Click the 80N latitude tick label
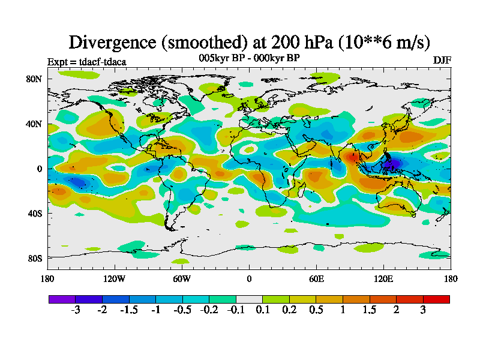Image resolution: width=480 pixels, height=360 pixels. coord(34,79)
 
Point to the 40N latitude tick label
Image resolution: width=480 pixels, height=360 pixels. coord(34,124)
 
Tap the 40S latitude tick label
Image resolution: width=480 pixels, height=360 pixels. coord(34,213)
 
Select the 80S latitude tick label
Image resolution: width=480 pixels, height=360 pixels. coord(34,258)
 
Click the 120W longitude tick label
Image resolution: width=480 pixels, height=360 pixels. coord(115,278)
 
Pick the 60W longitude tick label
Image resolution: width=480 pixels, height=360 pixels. coord(182,278)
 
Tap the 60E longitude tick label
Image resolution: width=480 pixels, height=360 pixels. coord(316,278)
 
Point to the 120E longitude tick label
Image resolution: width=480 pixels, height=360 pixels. coord(383,278)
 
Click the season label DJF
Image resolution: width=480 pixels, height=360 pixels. coord(442,61)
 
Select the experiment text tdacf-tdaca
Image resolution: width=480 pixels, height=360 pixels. coord(103,62)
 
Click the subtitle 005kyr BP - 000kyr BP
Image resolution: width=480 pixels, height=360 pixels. coord(249,58)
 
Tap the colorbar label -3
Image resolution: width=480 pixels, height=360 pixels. coord(76,310)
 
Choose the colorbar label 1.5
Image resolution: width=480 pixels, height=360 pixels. coord(370,310)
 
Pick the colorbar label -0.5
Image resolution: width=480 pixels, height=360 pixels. coord(182,310)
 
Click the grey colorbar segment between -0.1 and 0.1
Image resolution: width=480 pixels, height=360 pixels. coord(249,299)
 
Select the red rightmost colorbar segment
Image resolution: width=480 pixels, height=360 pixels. coord(436,299)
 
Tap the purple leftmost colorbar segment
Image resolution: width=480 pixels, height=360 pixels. coord(62,299)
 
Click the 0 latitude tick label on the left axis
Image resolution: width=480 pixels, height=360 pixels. coord(39,169)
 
